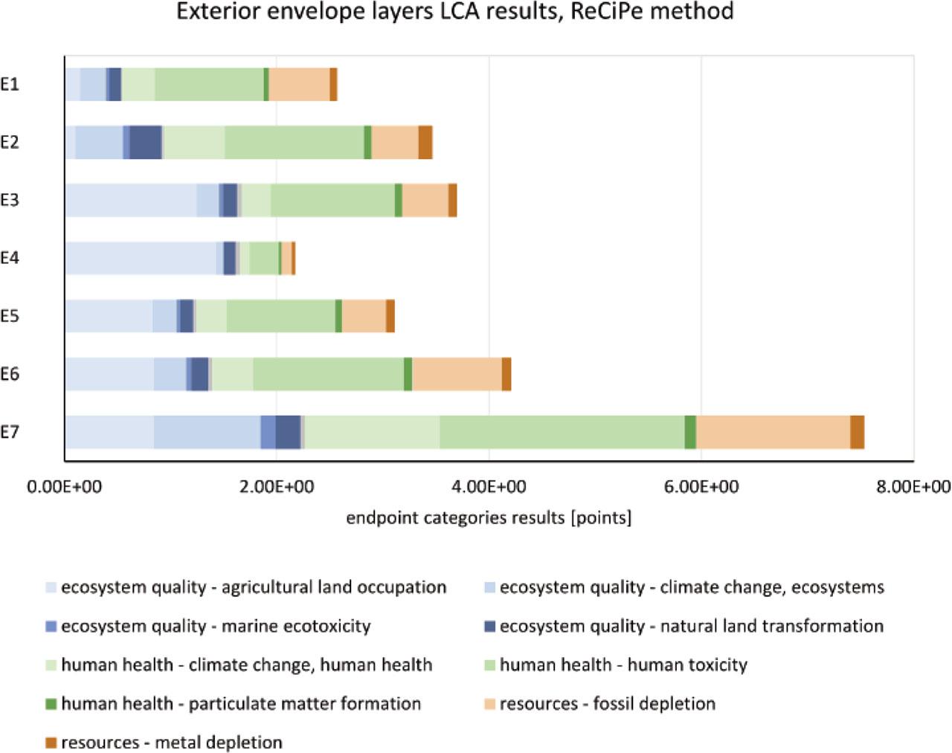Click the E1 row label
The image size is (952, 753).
pos(10,84)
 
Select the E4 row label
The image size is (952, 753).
pos(10,258)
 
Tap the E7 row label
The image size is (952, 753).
pos(10,432)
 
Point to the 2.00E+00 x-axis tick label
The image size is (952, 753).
pos(276,487)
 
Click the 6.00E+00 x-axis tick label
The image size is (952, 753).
pos(701,487)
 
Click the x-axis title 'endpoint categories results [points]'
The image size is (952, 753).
pos(489,517)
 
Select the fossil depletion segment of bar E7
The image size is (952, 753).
pos(773,432)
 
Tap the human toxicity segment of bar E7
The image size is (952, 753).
pos(562,432)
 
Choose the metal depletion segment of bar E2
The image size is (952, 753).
pos(425,142)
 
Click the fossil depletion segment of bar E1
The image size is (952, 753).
pos(299,84)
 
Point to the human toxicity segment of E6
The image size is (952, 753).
pos(328,374)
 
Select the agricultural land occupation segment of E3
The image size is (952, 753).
pos(130,200)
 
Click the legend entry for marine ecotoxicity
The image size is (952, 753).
pos(216,626)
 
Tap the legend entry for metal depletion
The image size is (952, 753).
pos(171,742)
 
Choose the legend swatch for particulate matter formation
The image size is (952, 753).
pos(51,703)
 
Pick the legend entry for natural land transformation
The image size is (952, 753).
pos(691,626)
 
